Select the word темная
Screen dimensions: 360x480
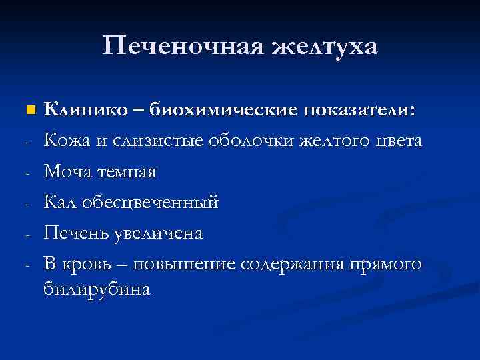127,172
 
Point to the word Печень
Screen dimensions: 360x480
74,233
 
